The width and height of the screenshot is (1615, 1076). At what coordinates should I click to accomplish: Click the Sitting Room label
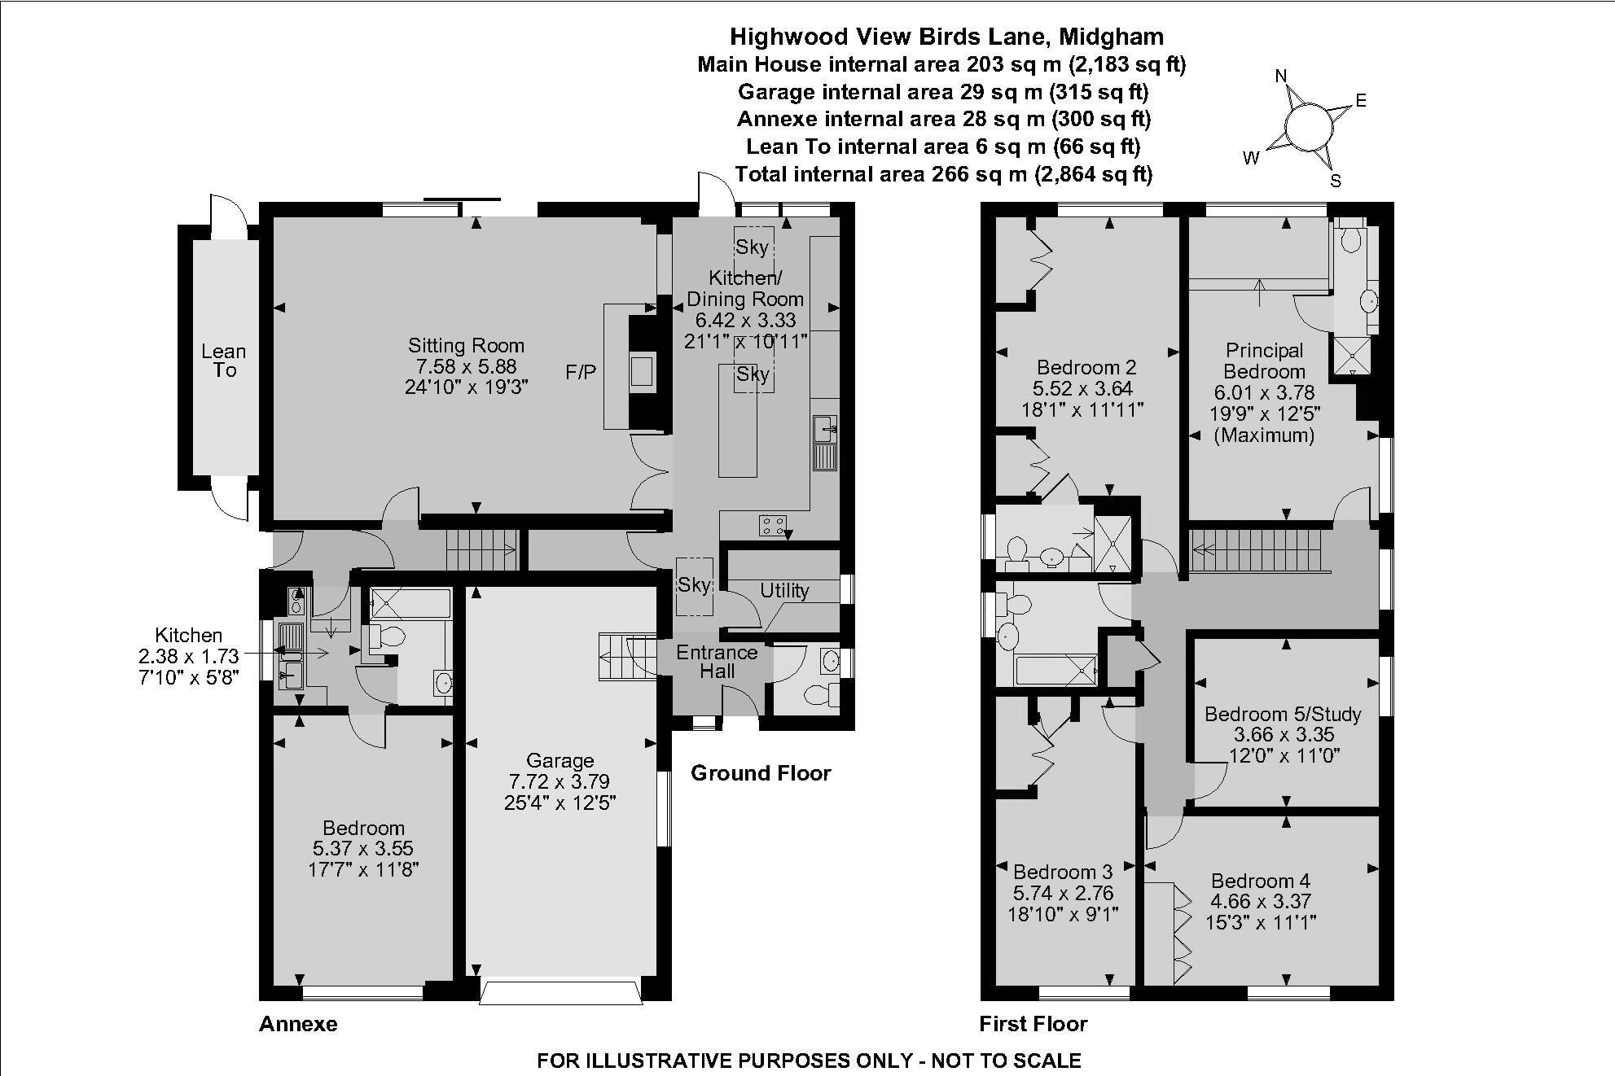466,345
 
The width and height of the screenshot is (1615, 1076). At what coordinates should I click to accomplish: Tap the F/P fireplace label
581,373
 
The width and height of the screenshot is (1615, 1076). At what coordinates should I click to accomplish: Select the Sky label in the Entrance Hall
694,585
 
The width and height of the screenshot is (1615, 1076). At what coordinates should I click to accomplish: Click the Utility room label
784,591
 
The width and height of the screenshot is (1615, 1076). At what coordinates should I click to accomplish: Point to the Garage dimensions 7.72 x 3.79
560,781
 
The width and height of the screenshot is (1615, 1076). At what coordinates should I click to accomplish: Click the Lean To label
224,361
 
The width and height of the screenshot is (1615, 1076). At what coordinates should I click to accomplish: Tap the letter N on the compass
1281,77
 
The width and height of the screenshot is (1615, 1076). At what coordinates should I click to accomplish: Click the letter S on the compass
1336,182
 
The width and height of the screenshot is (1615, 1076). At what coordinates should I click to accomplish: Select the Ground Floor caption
761,773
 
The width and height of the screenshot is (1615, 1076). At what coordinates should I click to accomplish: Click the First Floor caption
1033,1024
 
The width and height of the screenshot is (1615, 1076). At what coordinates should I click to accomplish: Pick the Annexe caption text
298,1024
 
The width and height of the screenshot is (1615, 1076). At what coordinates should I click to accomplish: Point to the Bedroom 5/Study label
1283,715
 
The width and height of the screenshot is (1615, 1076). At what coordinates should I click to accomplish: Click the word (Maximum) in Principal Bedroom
1264,435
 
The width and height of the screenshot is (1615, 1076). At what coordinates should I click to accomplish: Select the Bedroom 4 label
1260,881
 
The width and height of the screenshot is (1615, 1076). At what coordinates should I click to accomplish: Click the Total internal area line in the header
943,174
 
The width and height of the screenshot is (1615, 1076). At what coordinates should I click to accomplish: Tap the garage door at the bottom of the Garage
560,994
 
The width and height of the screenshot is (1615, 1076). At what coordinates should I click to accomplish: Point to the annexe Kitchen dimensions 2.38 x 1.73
189,656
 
